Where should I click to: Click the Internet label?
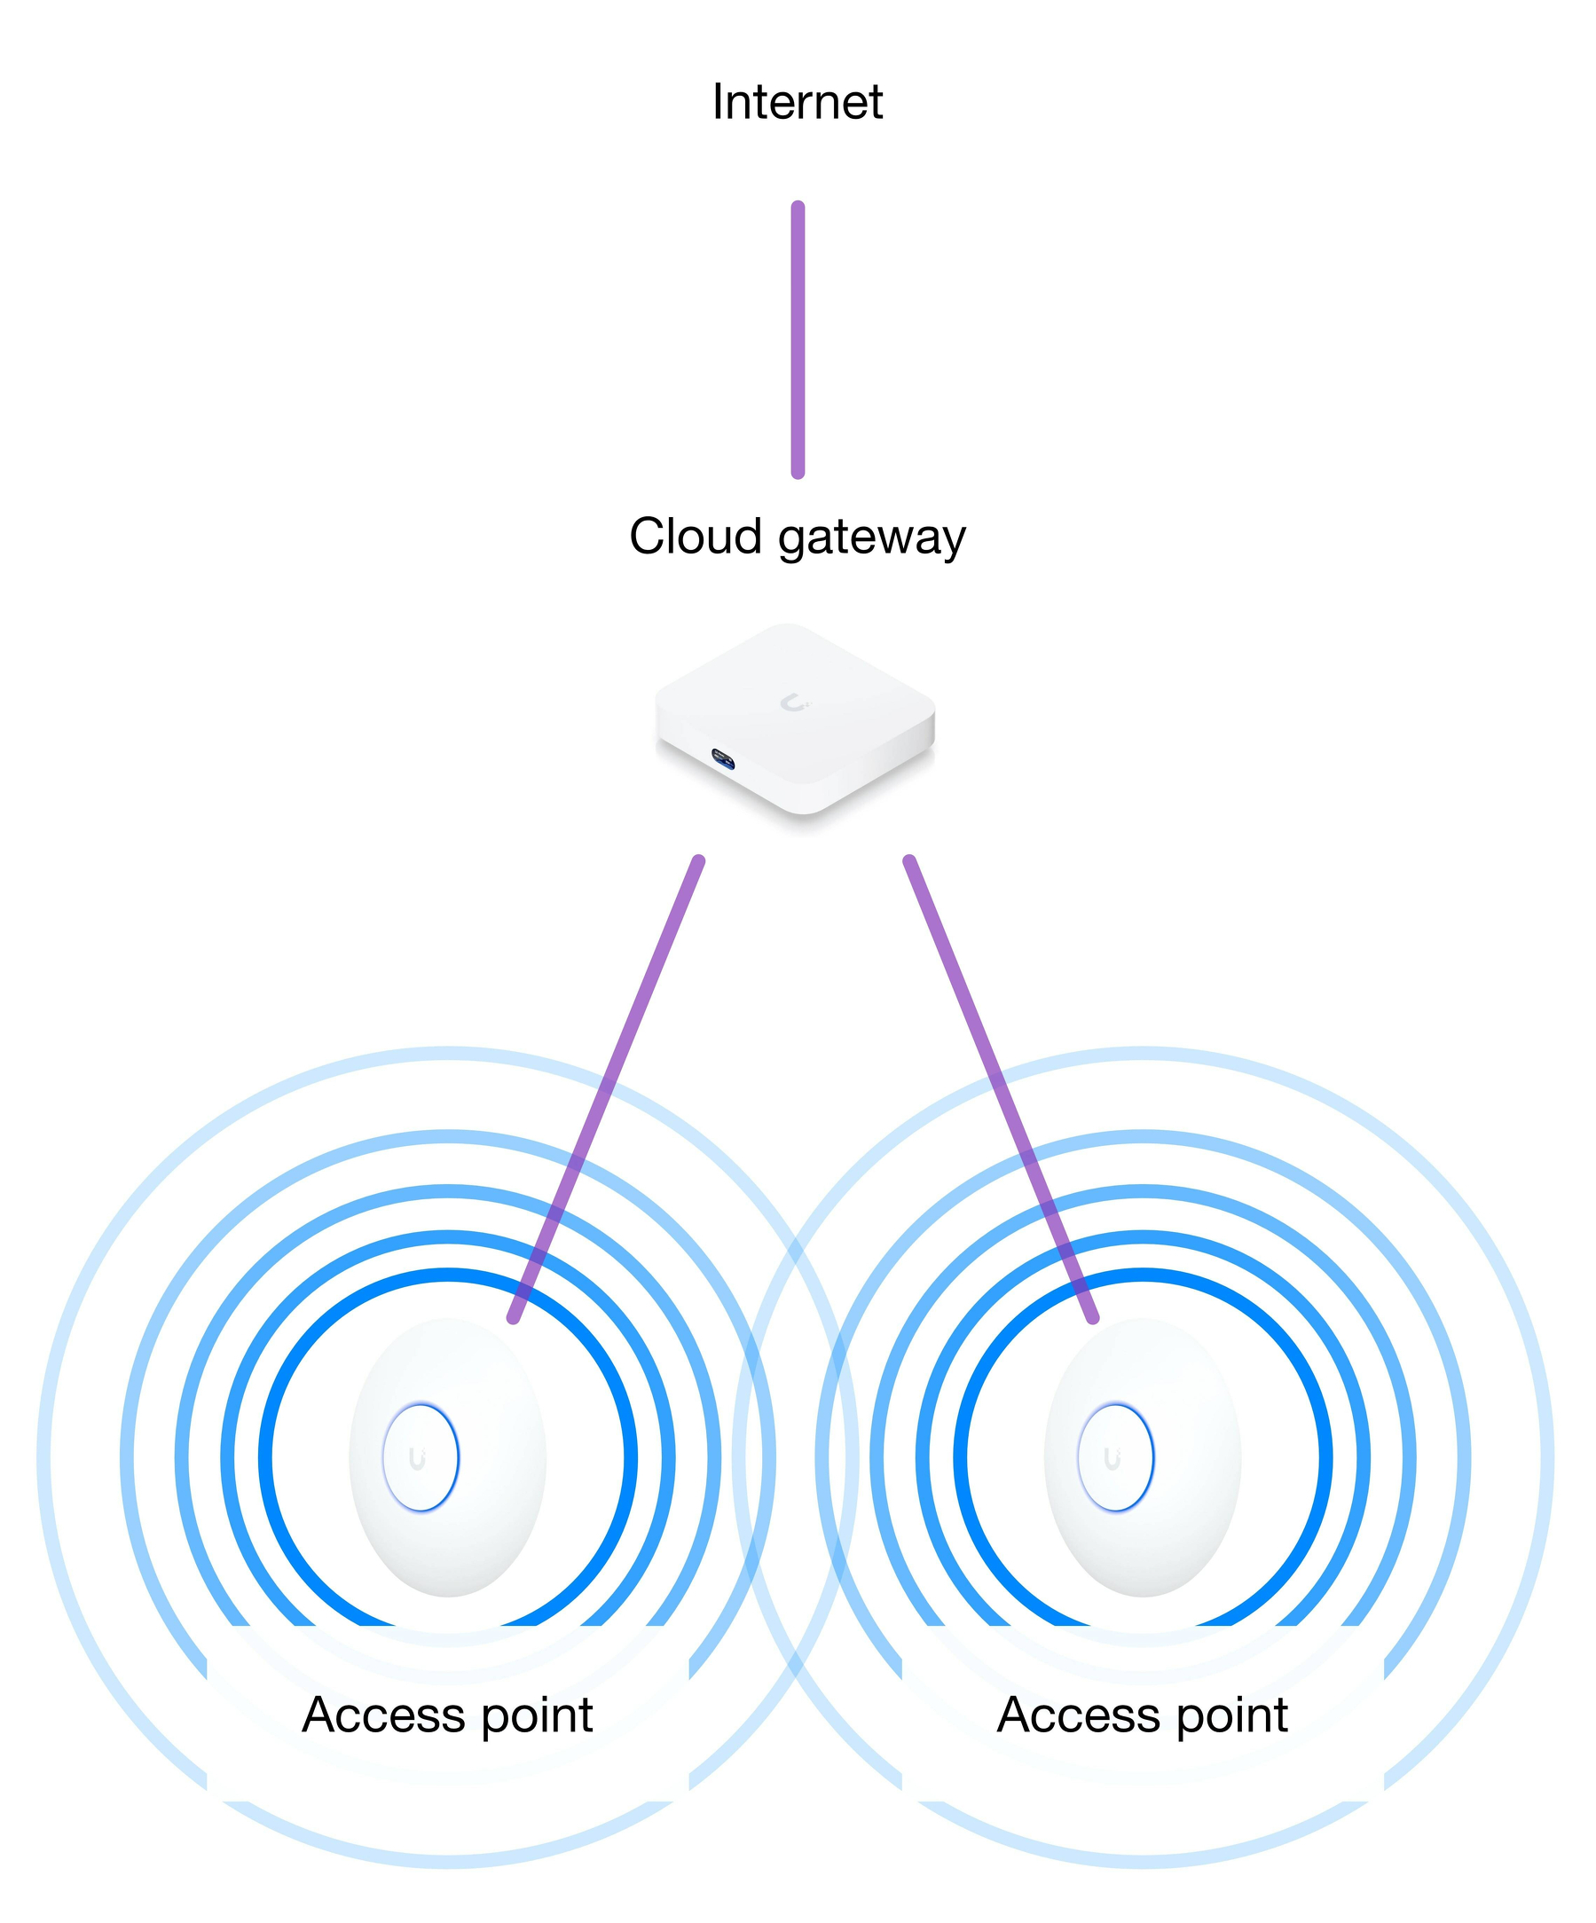797,102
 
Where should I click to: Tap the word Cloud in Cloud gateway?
695,536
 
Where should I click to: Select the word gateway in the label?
872,538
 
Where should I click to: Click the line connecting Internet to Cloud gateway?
798,339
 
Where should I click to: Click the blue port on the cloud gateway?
723,757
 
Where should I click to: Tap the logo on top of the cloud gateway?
794,702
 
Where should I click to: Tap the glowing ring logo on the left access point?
421,1457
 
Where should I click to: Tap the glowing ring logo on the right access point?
1115,1457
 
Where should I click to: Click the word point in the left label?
538,1717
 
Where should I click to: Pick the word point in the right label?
1232,1717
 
